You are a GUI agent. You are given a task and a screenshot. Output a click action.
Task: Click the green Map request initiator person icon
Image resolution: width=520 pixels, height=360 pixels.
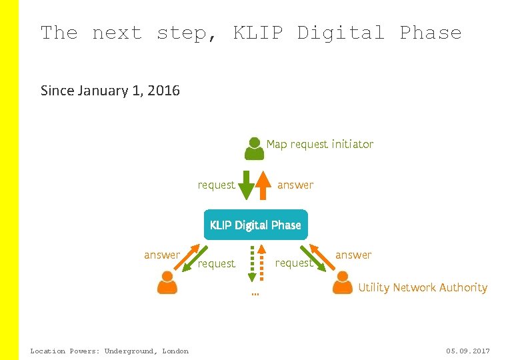click(x=254, y=148)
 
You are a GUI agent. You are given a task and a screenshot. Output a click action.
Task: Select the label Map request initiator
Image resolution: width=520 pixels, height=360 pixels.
click(x=320, y=144)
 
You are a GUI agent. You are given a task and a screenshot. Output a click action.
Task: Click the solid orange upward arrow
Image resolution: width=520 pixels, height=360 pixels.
click(x=265, y=185)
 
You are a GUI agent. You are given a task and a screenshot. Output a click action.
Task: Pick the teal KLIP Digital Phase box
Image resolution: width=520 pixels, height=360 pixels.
click(x=255, y=225)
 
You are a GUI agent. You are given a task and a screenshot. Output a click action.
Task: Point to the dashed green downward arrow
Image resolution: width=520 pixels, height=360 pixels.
click(x=252, y=263)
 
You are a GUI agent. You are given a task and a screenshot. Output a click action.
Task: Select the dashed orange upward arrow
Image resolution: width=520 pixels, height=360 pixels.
click(x=261, y=263)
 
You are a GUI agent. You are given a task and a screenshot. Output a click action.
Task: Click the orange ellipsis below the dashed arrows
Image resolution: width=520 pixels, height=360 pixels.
click(x=255, y=293)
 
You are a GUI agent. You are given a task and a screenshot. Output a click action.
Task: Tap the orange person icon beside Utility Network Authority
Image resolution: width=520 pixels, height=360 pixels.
click(x=342, y=283)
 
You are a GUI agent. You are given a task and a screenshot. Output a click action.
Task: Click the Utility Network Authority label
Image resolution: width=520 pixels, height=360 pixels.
click(x=423, y=287)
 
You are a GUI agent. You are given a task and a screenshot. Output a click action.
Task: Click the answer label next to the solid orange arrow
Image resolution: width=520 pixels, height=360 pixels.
click(x=295, y=185)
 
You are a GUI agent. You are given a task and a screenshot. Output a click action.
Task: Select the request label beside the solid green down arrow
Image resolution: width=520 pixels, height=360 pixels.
click(x=217, y=185)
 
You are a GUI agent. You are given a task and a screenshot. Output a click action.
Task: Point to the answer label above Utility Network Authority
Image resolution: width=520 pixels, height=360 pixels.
click(x=353, y=255)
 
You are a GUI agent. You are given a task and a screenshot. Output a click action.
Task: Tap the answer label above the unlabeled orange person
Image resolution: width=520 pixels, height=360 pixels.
click(x=162, y=255)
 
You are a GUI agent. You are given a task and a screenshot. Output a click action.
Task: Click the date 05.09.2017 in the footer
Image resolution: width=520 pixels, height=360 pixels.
click(x=468, y=351)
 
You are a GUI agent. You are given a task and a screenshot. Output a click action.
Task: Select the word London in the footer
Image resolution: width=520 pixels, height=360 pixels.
click(x=175, y=351)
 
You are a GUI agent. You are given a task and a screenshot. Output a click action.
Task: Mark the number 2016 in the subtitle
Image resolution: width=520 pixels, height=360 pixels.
click(x=163, y=90)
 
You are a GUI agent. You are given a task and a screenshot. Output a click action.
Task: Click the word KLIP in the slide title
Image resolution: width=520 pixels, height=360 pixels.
click(x=259, y=32)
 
